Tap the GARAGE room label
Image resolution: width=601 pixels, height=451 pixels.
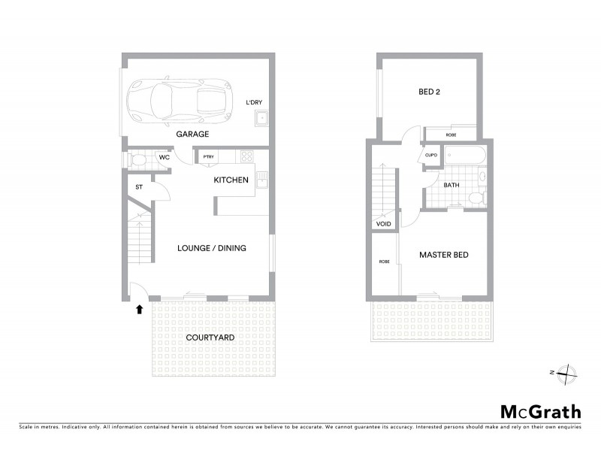[x=192, y=134]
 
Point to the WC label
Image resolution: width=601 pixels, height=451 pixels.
[x=163, y=158]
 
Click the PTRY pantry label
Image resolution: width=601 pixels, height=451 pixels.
[x=207, y=157]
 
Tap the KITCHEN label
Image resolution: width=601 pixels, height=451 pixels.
[x=231, y=180]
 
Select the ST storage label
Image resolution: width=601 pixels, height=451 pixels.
[x=139, y=187]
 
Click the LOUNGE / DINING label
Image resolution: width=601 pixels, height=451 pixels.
[x=212, y=248]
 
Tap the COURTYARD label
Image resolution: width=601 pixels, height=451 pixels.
[x=210, y=337]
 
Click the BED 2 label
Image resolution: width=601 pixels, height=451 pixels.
[x=429, y=92]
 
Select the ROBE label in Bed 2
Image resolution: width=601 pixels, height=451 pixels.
[x=451, y=135]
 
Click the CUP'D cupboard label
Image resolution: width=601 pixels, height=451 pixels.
[x=430, y=156]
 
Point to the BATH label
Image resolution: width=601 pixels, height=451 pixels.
[x=451, y=184]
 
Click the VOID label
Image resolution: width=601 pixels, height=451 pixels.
[x=383, y=223]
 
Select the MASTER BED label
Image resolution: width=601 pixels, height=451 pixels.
[x=444, y=255]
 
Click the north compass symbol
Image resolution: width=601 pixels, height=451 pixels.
[x=567, y=372]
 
